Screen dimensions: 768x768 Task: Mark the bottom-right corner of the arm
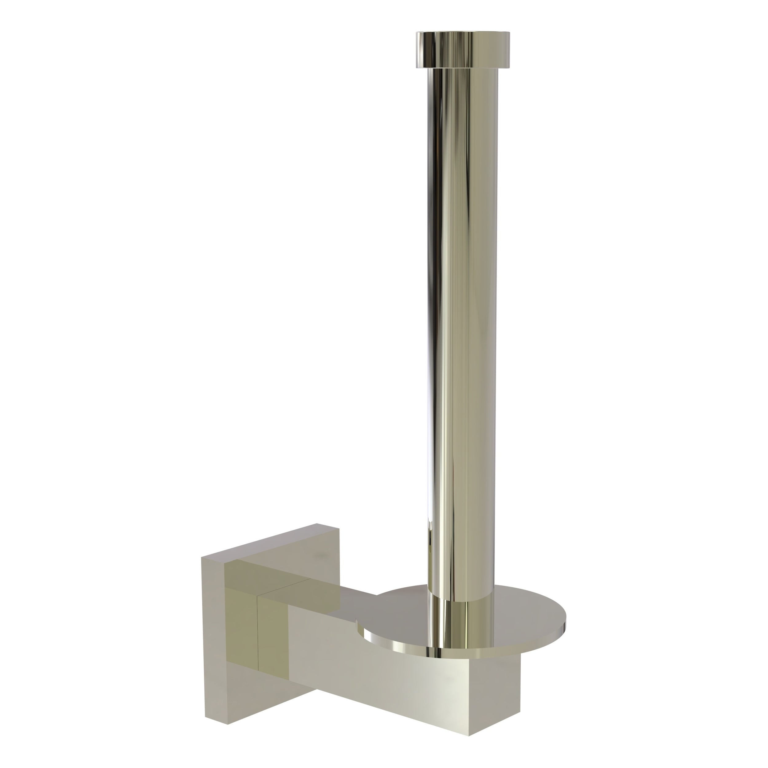(469, 735)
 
